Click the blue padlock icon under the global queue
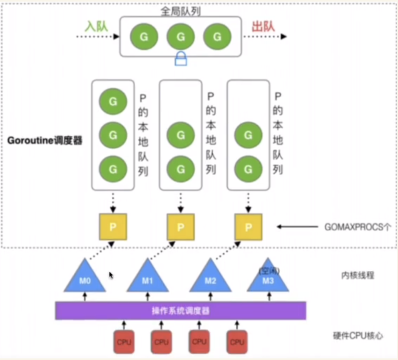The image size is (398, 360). click(181, 59)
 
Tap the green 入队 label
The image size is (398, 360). click(96, 26)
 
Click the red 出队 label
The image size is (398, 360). click(263, 26)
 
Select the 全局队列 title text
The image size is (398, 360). click(181, 11)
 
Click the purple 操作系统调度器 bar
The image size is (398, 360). click(181, 311)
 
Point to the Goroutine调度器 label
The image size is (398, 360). click(45, 141)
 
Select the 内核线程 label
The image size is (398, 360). click(358, 275)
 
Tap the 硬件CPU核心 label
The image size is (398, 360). click(358, 336)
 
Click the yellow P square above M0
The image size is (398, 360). click(113, 227)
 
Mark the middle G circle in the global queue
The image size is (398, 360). click(181, 37)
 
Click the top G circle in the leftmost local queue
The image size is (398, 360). click(113, 101)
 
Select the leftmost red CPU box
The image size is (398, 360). click(124, 342)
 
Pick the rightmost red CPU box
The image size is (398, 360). click(237, 342)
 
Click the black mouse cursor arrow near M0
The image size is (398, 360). click(111, 275)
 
